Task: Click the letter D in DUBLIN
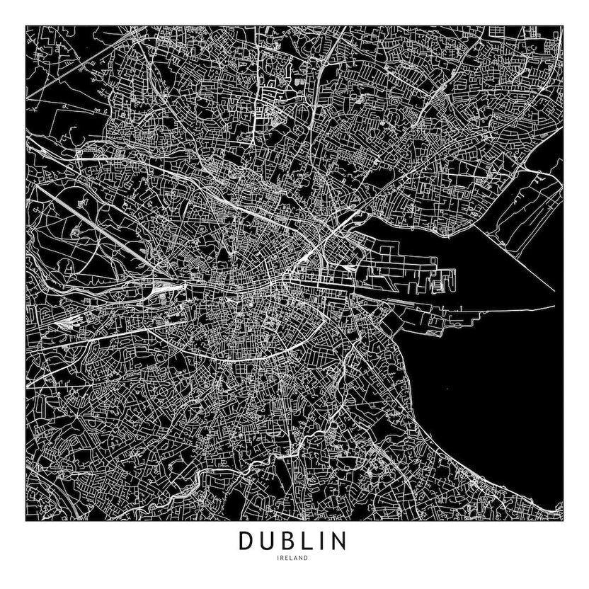point(246,541)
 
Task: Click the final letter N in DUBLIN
point(339,541)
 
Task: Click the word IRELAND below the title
point(294,559)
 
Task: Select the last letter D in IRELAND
point(307,559)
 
